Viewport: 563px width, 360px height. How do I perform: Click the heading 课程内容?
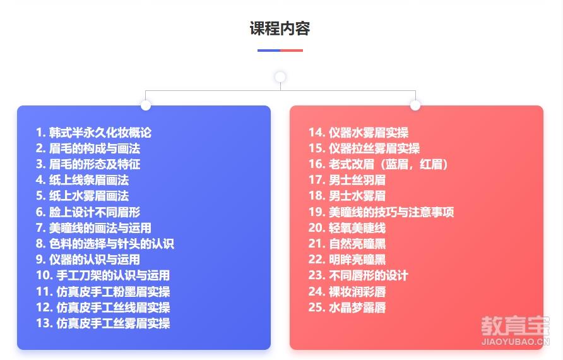[x=280, y=28]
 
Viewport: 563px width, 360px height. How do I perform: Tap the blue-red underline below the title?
[x=280, y=51]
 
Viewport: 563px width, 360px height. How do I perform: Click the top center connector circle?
[x=280, y=77]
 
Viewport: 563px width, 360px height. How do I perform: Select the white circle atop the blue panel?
[x=145, y=105]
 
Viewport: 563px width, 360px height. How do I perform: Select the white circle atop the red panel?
[x=415, y=105]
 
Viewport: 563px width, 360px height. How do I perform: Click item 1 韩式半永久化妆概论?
[x=93, y=133]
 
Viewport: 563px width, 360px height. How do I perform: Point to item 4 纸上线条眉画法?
[x=82, y=180]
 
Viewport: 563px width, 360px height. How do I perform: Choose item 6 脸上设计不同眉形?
[x=88, y=212]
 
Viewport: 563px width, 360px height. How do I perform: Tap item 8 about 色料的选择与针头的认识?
[x=105, y=244]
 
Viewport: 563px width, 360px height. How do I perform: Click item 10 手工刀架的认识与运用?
[x=103, y=275]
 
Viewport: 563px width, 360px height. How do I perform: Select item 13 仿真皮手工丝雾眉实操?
[x=103, y=323]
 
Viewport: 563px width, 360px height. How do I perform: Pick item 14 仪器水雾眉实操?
[x=359, y=133]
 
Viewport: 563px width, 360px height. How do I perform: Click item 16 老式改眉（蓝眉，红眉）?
[x=379, y=164]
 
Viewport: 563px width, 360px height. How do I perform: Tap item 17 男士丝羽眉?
[x=347, y=180]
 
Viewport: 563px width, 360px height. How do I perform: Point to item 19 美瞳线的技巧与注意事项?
[x=381, y=212]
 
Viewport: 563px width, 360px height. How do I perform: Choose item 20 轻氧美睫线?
[x=347, y=228]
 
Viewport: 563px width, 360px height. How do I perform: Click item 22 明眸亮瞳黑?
[x=347, y=260]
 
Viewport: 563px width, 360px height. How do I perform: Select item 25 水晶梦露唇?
[x=347, y=307]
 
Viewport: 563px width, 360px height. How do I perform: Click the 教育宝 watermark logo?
[x=515, y=326]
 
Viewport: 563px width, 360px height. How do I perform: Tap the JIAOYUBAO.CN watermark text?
[x=515, y=341]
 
